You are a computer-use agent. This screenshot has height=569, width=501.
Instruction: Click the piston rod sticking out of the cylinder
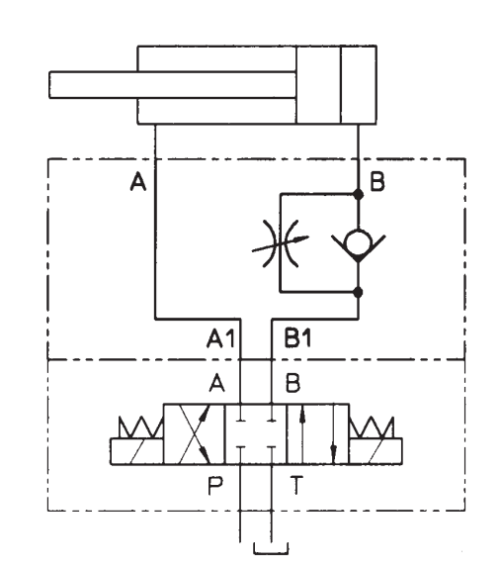coord(172,85)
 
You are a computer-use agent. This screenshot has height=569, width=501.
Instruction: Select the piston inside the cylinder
coord(319,85)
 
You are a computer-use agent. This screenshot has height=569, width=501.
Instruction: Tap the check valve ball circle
coord(358,242)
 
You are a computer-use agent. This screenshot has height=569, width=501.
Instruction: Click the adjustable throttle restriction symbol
coord(280,243)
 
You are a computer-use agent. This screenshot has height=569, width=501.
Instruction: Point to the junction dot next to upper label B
coord(358,195)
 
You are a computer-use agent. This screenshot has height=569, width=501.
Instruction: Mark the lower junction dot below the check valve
coord(358,292)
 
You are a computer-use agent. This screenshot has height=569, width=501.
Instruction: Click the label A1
coord(220,338)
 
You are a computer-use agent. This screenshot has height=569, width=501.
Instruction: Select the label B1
coord(297,337)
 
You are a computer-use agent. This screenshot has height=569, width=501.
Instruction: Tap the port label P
coord(215,486)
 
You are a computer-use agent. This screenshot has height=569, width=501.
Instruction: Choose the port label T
coord(296,485)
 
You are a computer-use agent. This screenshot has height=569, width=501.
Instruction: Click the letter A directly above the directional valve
coord(216,383)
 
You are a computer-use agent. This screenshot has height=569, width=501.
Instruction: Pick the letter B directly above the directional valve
coord(292,383)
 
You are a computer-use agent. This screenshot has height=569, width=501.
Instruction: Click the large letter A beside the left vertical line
coord(138,181)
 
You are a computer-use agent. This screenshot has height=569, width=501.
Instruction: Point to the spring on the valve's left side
coord(141,427)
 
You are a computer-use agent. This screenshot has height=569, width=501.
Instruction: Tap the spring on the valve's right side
coord(372,427)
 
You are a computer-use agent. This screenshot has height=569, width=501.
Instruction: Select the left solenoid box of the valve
coord(137,451)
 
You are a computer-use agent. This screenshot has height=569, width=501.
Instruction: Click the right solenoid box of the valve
coord(376,451)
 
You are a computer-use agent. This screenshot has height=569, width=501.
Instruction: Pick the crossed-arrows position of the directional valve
coord(194,434)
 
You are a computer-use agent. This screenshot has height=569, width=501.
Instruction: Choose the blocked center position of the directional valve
coord(256,434)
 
